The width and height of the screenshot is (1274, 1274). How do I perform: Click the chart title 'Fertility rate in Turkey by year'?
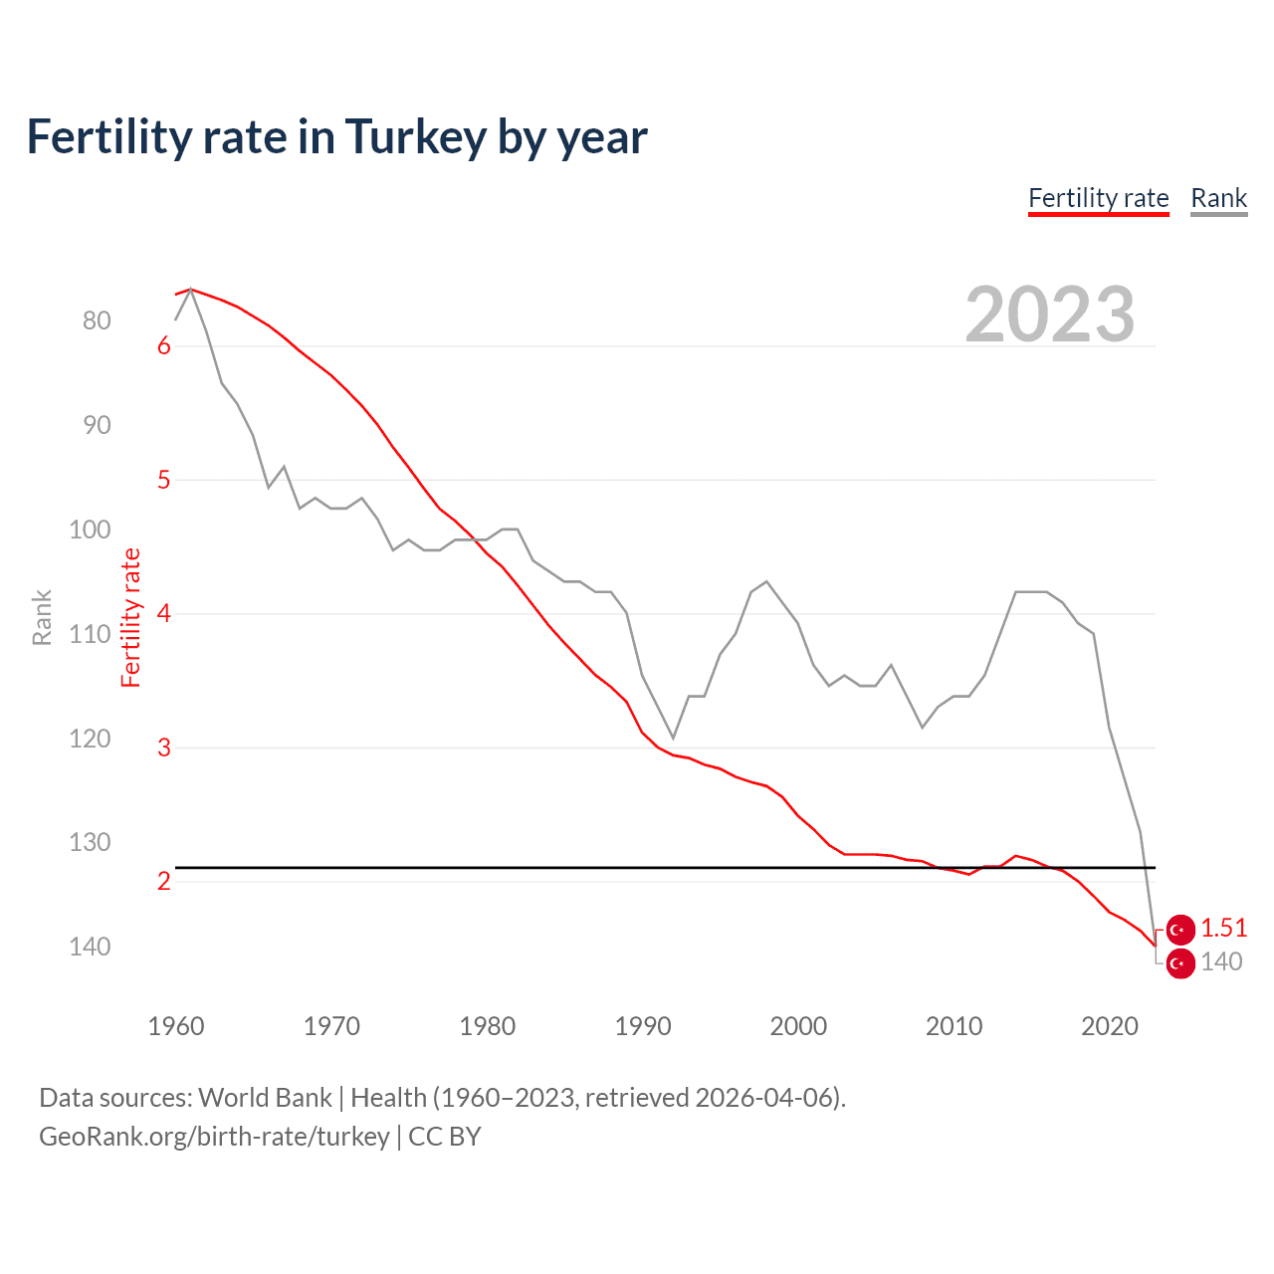(336, 137)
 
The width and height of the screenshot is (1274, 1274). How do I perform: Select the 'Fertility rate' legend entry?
(1098, 198)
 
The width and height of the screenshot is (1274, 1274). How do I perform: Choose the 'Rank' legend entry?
(1218, 198)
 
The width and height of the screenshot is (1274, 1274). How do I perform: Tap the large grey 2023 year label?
(1049, 315)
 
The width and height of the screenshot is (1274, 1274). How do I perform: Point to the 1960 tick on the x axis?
(175, 1026)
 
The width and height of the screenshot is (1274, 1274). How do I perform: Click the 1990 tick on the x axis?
(643, 1026)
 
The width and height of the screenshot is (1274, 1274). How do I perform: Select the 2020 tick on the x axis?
(1109, 1026)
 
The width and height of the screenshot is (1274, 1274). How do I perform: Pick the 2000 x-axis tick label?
(798, 1026)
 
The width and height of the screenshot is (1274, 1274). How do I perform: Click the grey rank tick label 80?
(97, 320)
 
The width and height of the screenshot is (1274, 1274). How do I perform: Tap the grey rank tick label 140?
(90, 947)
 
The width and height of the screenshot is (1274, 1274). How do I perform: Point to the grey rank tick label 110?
(90, 634)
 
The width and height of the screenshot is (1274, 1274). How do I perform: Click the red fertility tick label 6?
(164, 346)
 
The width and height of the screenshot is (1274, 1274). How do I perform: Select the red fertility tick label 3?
(164, 747)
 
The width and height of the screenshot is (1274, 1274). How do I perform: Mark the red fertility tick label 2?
(164, 881)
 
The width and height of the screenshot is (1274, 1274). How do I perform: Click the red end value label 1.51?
(1223, 928)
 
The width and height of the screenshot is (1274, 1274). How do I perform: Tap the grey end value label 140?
(1221, 961)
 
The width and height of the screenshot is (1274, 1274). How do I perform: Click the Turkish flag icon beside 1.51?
(1179, 930)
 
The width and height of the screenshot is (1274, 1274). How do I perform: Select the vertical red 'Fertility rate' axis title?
(131, 617)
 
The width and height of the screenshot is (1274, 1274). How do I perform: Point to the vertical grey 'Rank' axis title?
(42, 617)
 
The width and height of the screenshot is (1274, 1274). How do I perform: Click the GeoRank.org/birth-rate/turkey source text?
(214, 1137)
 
